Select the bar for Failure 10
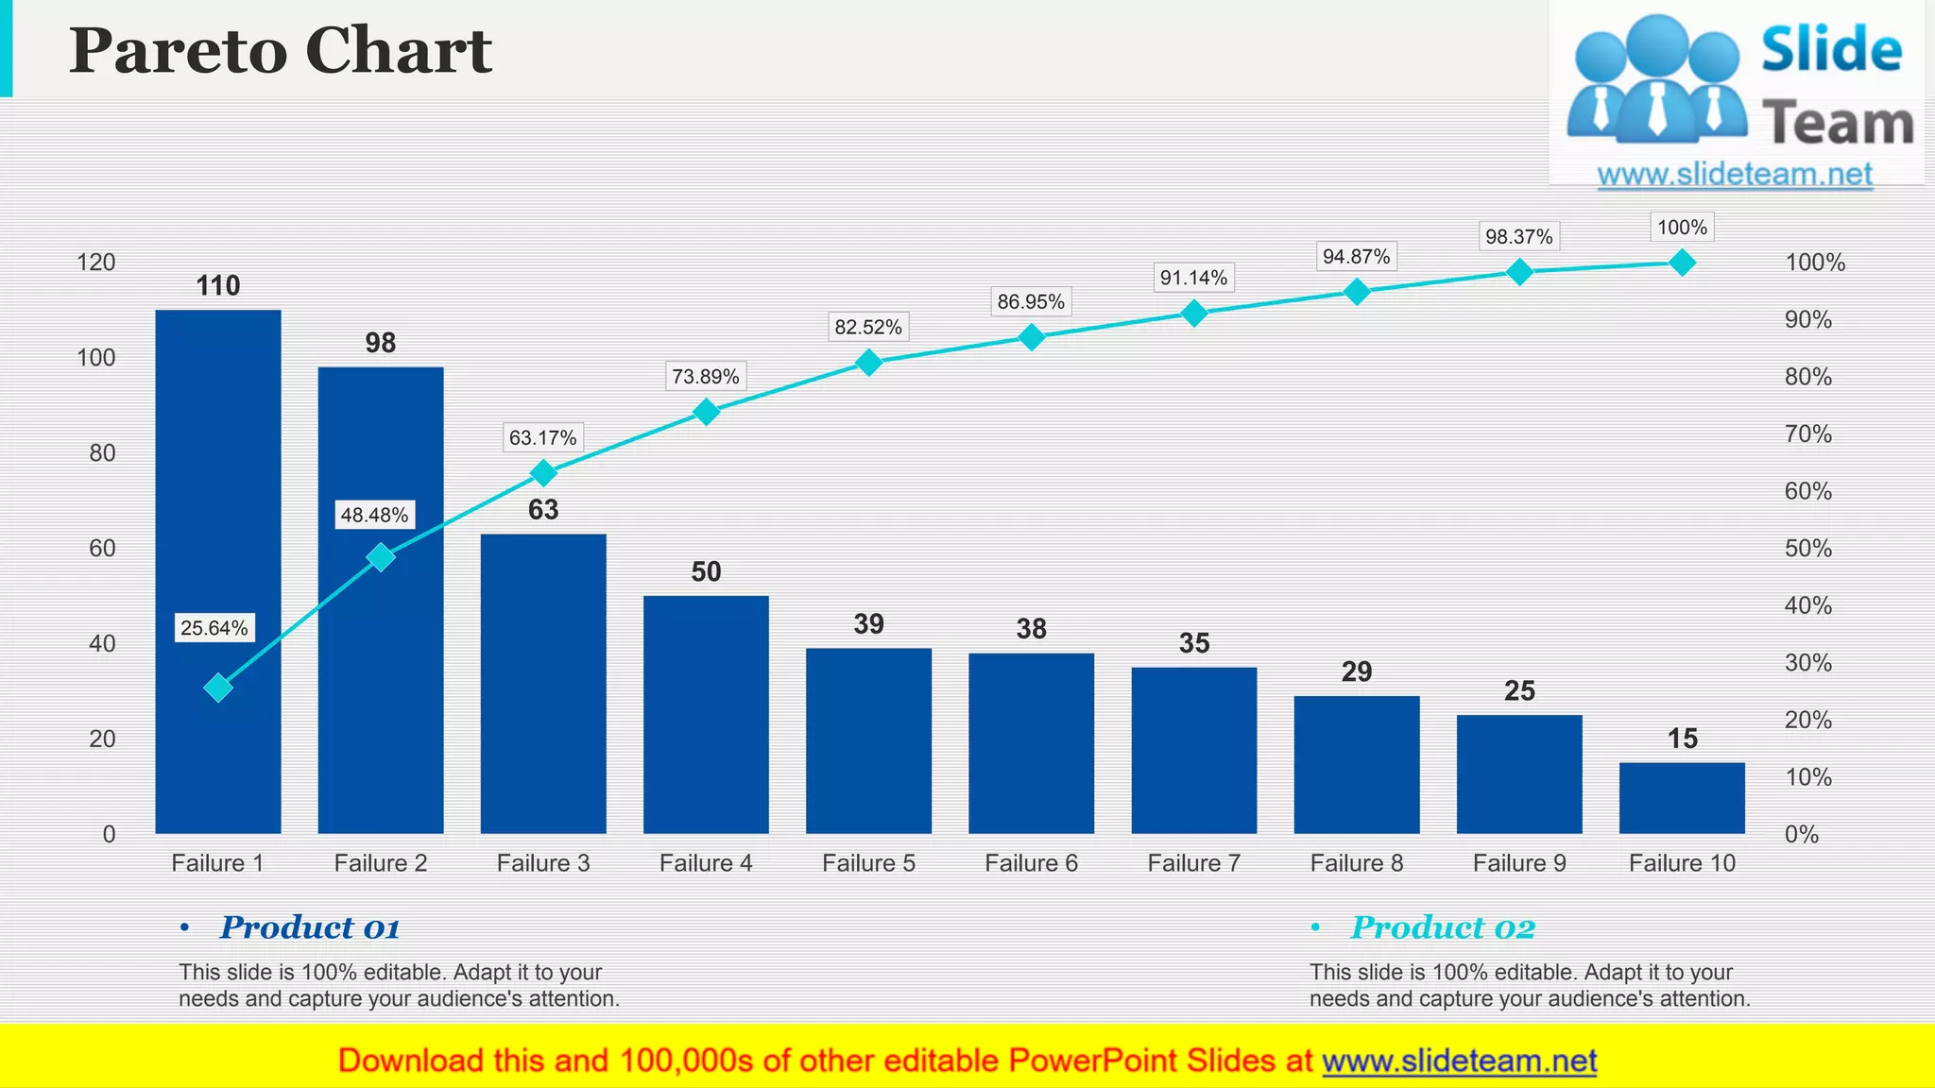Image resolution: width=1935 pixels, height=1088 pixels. (1682, 798)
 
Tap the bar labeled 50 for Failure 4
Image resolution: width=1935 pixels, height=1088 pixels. (706, 714)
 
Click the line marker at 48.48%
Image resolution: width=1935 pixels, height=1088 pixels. (380, 557)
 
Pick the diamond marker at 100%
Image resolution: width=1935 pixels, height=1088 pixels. (1682, 263)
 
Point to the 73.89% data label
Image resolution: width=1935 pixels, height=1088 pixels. (705, 377)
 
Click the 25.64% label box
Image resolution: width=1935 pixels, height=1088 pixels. (214, 628)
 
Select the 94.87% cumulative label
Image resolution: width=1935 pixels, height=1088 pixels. (1356, 257)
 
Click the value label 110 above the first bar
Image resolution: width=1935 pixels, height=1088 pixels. (217, 286)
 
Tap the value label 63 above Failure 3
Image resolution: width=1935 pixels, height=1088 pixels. (543, 510)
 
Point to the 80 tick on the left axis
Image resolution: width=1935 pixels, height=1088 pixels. (102, 453)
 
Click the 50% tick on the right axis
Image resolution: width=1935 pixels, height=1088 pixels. (1807, 549)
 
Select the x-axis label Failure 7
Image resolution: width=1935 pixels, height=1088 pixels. (1193, 863)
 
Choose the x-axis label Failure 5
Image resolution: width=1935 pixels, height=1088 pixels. (868, 863)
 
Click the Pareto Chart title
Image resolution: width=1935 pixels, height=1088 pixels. (280, 50)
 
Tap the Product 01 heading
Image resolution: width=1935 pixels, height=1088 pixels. (309, 927)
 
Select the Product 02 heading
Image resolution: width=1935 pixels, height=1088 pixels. (1442, 927)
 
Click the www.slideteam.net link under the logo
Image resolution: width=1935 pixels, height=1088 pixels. (1735, 175)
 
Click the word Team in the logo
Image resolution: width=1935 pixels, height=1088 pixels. (1837, 125)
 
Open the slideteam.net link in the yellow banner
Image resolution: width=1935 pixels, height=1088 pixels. (1459, 1061)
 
